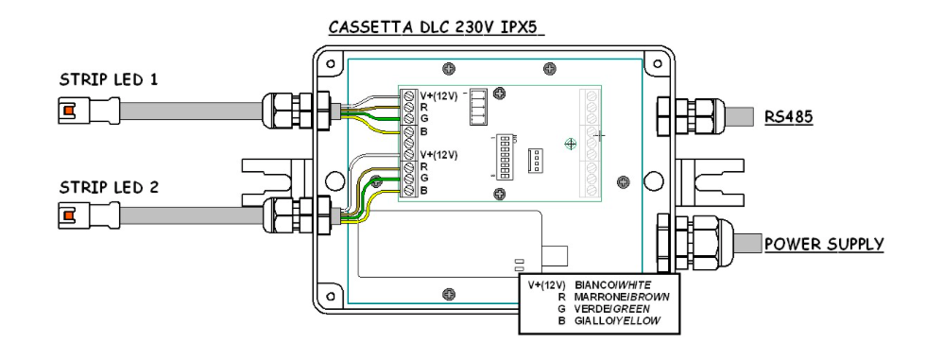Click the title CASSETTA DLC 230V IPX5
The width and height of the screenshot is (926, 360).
[436, 27]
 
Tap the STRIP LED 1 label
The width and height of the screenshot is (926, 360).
[109, 79]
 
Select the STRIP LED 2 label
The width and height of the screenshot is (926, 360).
[109, 188]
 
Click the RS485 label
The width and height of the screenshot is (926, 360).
[788, 117]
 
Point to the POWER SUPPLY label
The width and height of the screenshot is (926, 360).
[824, 244]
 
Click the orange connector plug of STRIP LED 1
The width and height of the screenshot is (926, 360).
[69, 111]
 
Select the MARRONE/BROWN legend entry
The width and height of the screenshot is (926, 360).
[622, 297]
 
